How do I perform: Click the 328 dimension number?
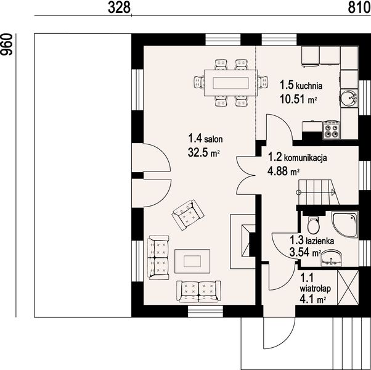click(x=119, y=7)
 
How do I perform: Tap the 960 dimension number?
click(x=6, y=45)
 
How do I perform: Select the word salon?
click(x=213, y=139)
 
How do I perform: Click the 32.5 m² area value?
click(x=204, y=152)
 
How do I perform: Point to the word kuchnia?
click(x=309, y=86)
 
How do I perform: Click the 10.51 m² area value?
click(x=298, y=99)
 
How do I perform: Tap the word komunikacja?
click(x=305, y=158)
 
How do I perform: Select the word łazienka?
click(x=320, y=241)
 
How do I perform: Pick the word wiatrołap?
click(x=315, y=289)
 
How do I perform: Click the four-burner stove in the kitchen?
click(x=332, y=129)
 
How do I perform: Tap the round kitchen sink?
click(x=349, y=98)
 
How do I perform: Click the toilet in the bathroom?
click(x=314, y=224)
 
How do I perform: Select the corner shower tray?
click(x=344, y=224)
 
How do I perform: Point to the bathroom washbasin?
click(x=332, y=258)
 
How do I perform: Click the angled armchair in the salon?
click(x=188, y=215)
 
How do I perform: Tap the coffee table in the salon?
click(x=192, y=261)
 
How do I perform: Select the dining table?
click(x=230, y=83)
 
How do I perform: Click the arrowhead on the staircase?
click(x=334, y=192)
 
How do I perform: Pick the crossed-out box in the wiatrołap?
click(x=348, y=287)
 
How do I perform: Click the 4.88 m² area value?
click(x=283, y=170)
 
